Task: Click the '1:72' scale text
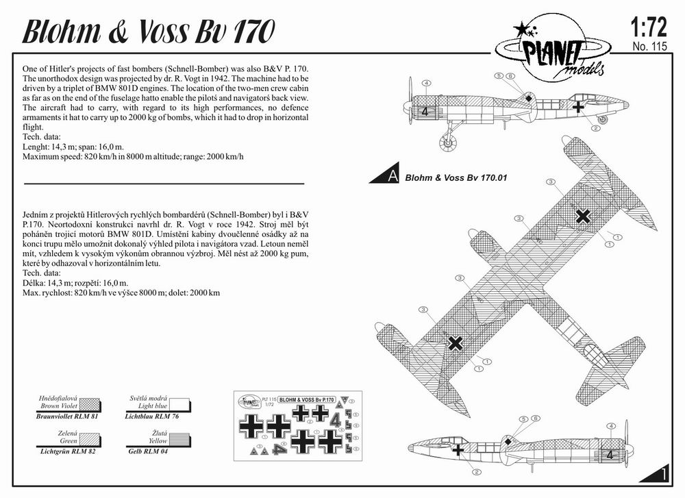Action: click(x=649, y=27)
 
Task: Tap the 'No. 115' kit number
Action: click(x=649, y=47)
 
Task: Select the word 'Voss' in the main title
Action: click(x=164, y=32)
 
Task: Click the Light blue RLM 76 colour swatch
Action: click(x=179, y=405)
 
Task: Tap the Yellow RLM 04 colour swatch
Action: click(x=179, y=440)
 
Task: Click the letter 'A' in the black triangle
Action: click(x=393, y=177)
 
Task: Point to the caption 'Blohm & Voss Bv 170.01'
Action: click(x=456, y=178)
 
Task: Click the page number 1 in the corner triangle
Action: click(x=664, y=474)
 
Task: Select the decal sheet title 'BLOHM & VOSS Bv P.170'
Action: click(x=307, y=400)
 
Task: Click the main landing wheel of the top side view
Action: click(x=448, y=142)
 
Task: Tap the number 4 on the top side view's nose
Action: click(x=425, y=112)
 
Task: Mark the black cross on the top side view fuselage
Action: click(x=578, y=106)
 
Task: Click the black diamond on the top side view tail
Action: click(x=529, y=98)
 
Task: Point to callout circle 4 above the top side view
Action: click(x=426, y=83)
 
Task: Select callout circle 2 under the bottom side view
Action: click(x=477, y=471)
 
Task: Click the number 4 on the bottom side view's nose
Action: click(x=610, y=455)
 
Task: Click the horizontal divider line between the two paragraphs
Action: click(x=164, y=184)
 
